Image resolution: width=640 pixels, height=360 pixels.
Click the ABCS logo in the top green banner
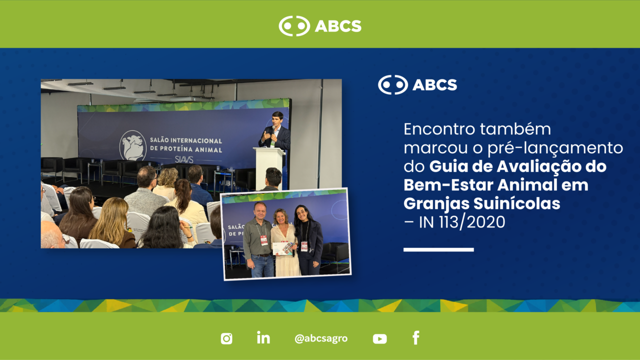pyautogui.click(x=320, y=26)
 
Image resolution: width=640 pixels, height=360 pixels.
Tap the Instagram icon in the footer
pyautogui.click(x=226, y=338)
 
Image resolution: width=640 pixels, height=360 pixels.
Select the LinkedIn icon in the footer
pyautogui.click(x=263, y=337)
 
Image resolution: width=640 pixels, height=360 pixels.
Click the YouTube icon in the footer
pyautogui.click(x=379, y=339)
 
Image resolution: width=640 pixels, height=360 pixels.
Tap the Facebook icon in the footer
pyautogui.click(x=416, y=337)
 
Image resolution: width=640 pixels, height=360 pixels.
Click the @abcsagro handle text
pyautogui.click(x=321, y=338)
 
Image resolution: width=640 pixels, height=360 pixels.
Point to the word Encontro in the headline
pyautogui.click(x=439, y=129)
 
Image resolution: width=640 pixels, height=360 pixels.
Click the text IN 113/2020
pyautogui.click(x=462, y=222)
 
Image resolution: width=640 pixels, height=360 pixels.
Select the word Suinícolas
pyautogui.click(x=517, y=203)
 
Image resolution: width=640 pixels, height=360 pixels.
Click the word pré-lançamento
pyautogui.click(x=555, y=148)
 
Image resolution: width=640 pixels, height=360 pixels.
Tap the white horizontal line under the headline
pyautogui.click(x=438, y=249)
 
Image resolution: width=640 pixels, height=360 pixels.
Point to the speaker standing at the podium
pyautogui.click(x=275, y=131)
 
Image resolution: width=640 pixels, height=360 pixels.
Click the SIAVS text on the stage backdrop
pyautogui.click(x=184, y=159)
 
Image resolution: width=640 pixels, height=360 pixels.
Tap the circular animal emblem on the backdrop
pyautogui.click(x=133, y=145)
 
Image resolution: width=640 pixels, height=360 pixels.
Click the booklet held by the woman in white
pyautogui.click(x=283, y=248)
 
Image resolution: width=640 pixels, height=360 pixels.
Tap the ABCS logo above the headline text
pyautogui.click(x=417, y=85)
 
